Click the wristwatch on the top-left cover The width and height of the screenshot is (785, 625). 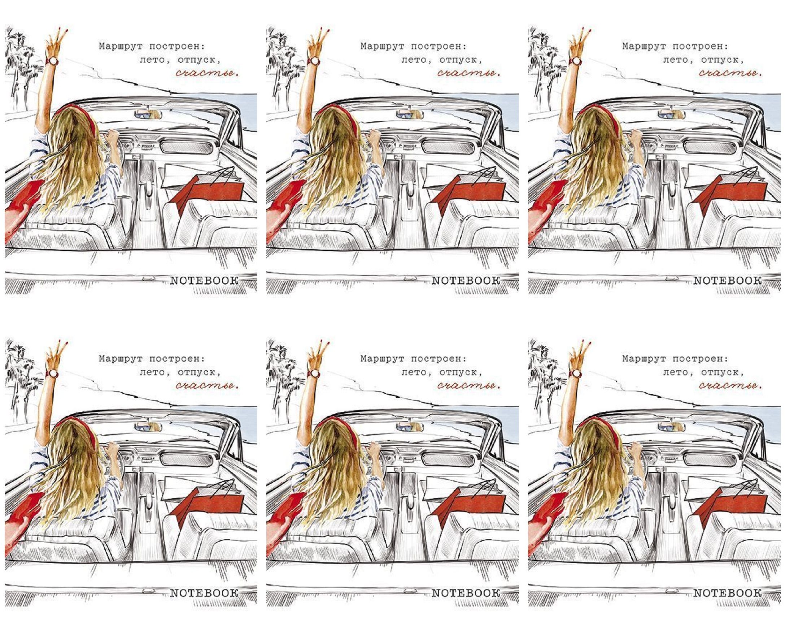53,61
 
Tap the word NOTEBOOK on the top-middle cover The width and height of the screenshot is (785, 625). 466,281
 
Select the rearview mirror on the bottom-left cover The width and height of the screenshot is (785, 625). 148,427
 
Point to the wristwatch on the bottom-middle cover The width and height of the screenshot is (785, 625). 315,373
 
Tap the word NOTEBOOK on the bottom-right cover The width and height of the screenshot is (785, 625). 727,593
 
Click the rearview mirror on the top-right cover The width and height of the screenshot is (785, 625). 671,114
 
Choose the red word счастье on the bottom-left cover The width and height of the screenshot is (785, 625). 207,385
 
